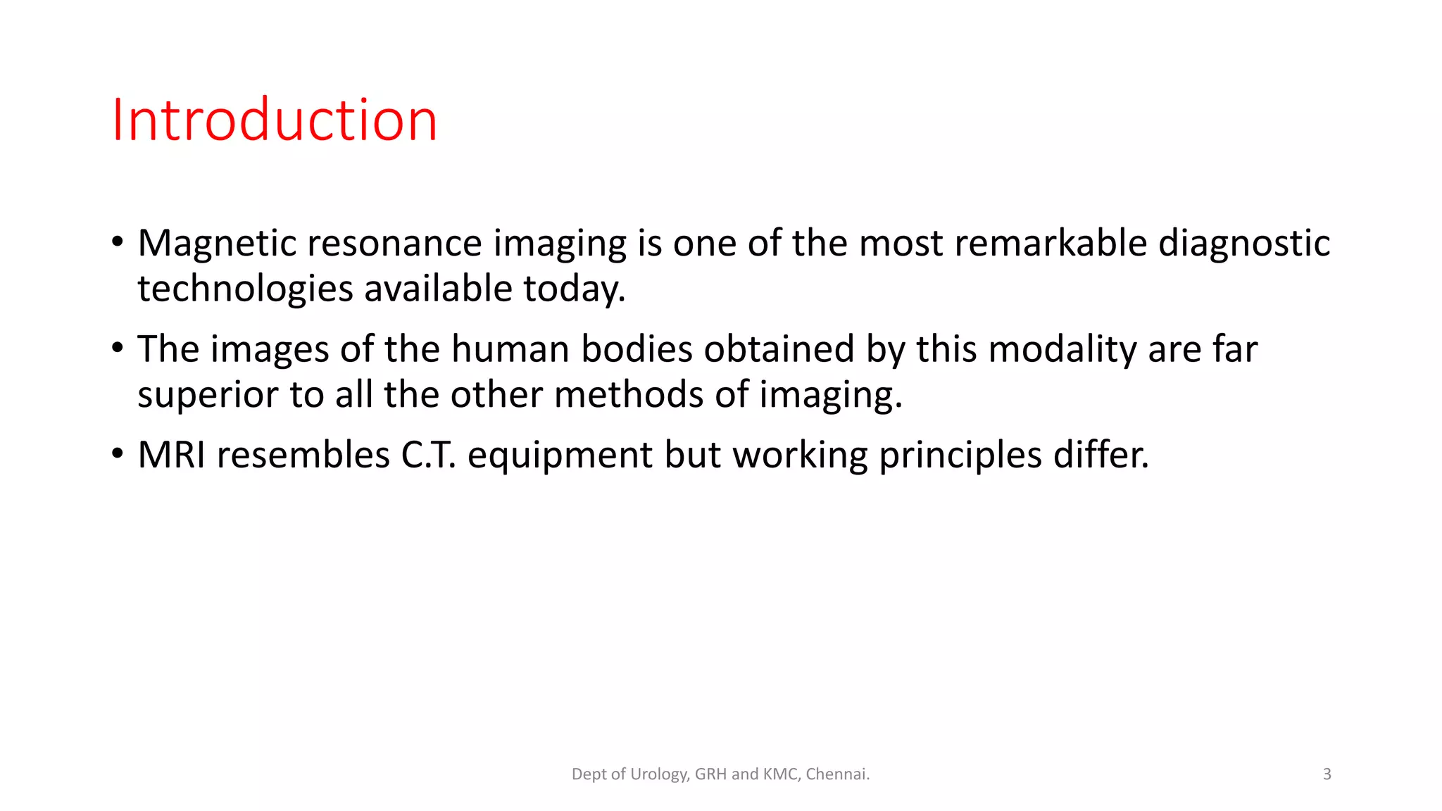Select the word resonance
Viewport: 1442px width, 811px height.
coord(394,244)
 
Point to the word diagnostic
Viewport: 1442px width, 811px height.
coord(1244,244)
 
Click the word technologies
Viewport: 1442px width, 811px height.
coord(245,289)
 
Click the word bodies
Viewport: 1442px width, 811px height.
coord(637,349)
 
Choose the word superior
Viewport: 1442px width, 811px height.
coord(208,395)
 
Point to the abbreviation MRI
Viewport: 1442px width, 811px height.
coord(172,455)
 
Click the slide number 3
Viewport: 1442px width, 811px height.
coord(1327,774)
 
